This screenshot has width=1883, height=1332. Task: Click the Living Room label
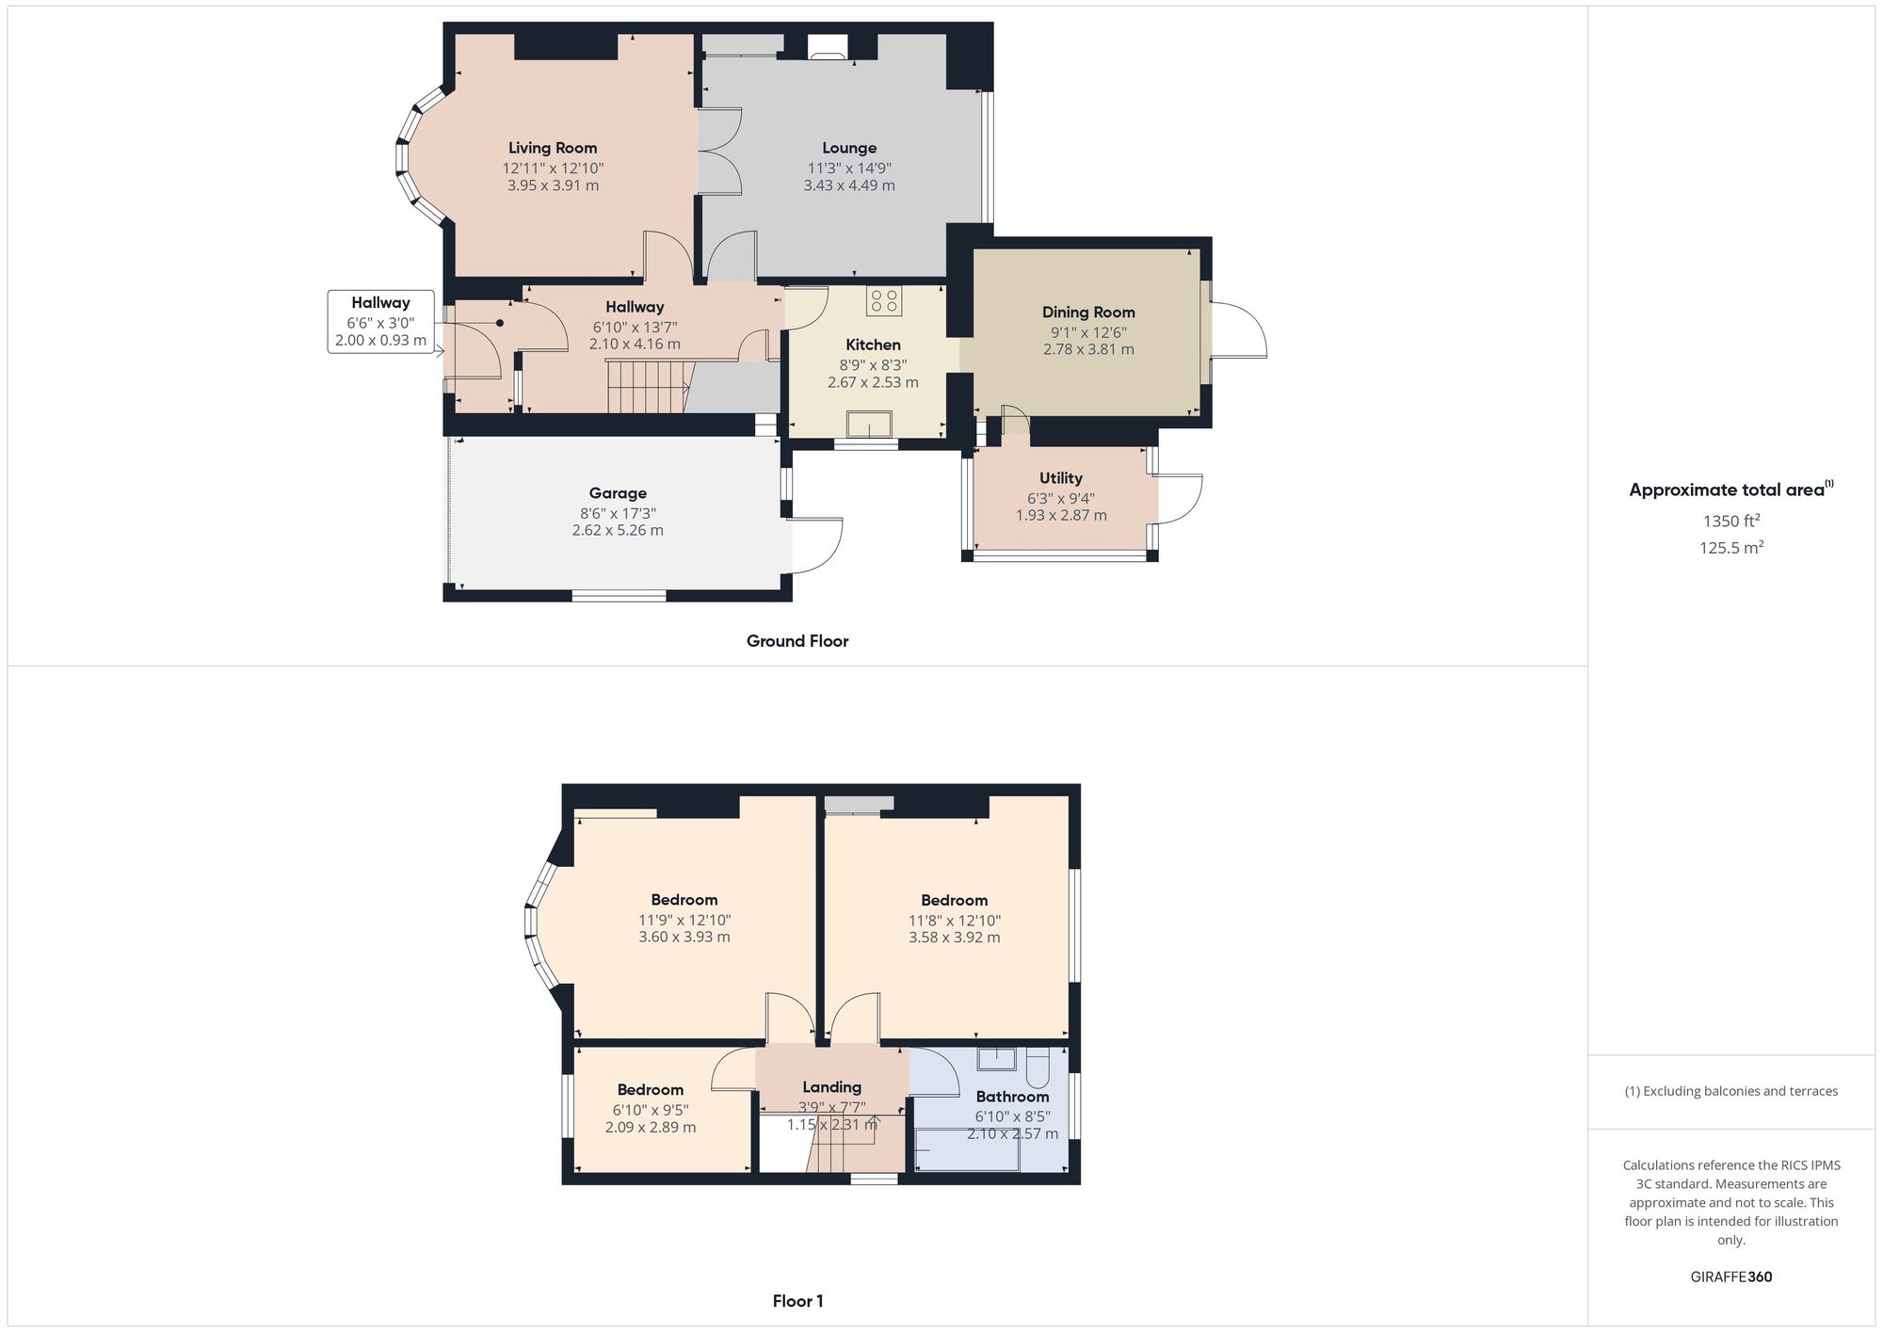(553, 148)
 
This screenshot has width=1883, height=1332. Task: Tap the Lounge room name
(849, 148)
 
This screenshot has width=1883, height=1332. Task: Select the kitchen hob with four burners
(884, 300)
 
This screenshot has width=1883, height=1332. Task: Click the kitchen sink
(869, 425)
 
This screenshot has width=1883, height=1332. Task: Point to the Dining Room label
(1088, 313)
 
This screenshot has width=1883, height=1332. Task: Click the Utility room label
(1061, 478)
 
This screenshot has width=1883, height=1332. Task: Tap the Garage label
(618, 493)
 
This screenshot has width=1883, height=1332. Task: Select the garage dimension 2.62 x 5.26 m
(618, 531)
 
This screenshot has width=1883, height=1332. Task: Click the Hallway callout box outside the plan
(380, 321)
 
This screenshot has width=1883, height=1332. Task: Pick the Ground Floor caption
(797, 641)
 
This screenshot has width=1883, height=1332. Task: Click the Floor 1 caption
(797, 1302)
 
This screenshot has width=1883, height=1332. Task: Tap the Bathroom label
(1012, 1097)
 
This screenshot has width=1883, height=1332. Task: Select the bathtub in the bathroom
(967, 1152)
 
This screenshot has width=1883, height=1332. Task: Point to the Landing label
(831, 1087)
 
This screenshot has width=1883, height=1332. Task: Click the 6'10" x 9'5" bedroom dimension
(651, 1110)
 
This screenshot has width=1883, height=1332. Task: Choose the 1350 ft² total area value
(1731, 522)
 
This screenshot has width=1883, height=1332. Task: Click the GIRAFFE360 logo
(1731, 1277)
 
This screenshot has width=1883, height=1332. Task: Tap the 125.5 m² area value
(1731, 548)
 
